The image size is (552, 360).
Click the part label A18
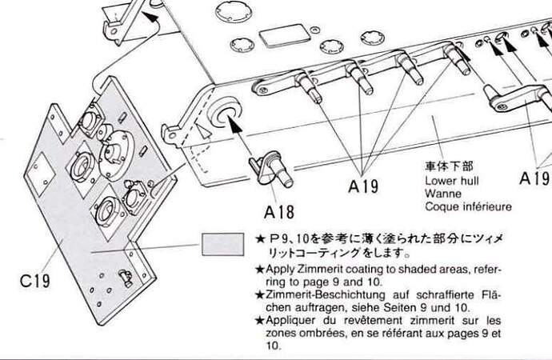[279, 212]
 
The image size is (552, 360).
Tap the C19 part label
[35, 281]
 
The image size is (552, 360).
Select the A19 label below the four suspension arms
[363, 186]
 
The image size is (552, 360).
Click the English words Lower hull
[452, 181]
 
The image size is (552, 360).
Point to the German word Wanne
[443, 194]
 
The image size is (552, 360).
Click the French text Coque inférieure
[468, 206]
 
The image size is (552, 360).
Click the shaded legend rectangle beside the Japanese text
[223, 244]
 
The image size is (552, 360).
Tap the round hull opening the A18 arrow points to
[226, 113]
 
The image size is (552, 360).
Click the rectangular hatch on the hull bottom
[285, 35]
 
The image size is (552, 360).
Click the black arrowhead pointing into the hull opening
[234, 124]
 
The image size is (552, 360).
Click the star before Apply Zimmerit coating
[260, 270]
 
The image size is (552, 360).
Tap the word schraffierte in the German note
[443, 294]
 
